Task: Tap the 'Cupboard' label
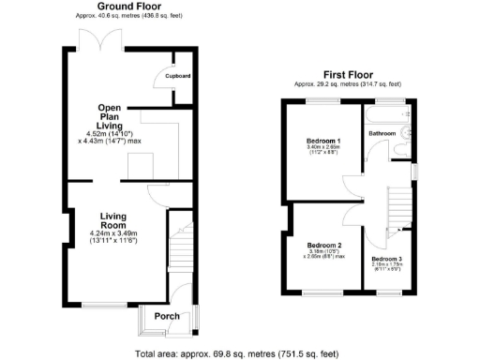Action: pos(178,76)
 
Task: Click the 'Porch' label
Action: pos(167,316)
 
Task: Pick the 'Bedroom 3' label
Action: pos(386,258)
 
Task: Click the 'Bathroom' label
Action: pos(382,134)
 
